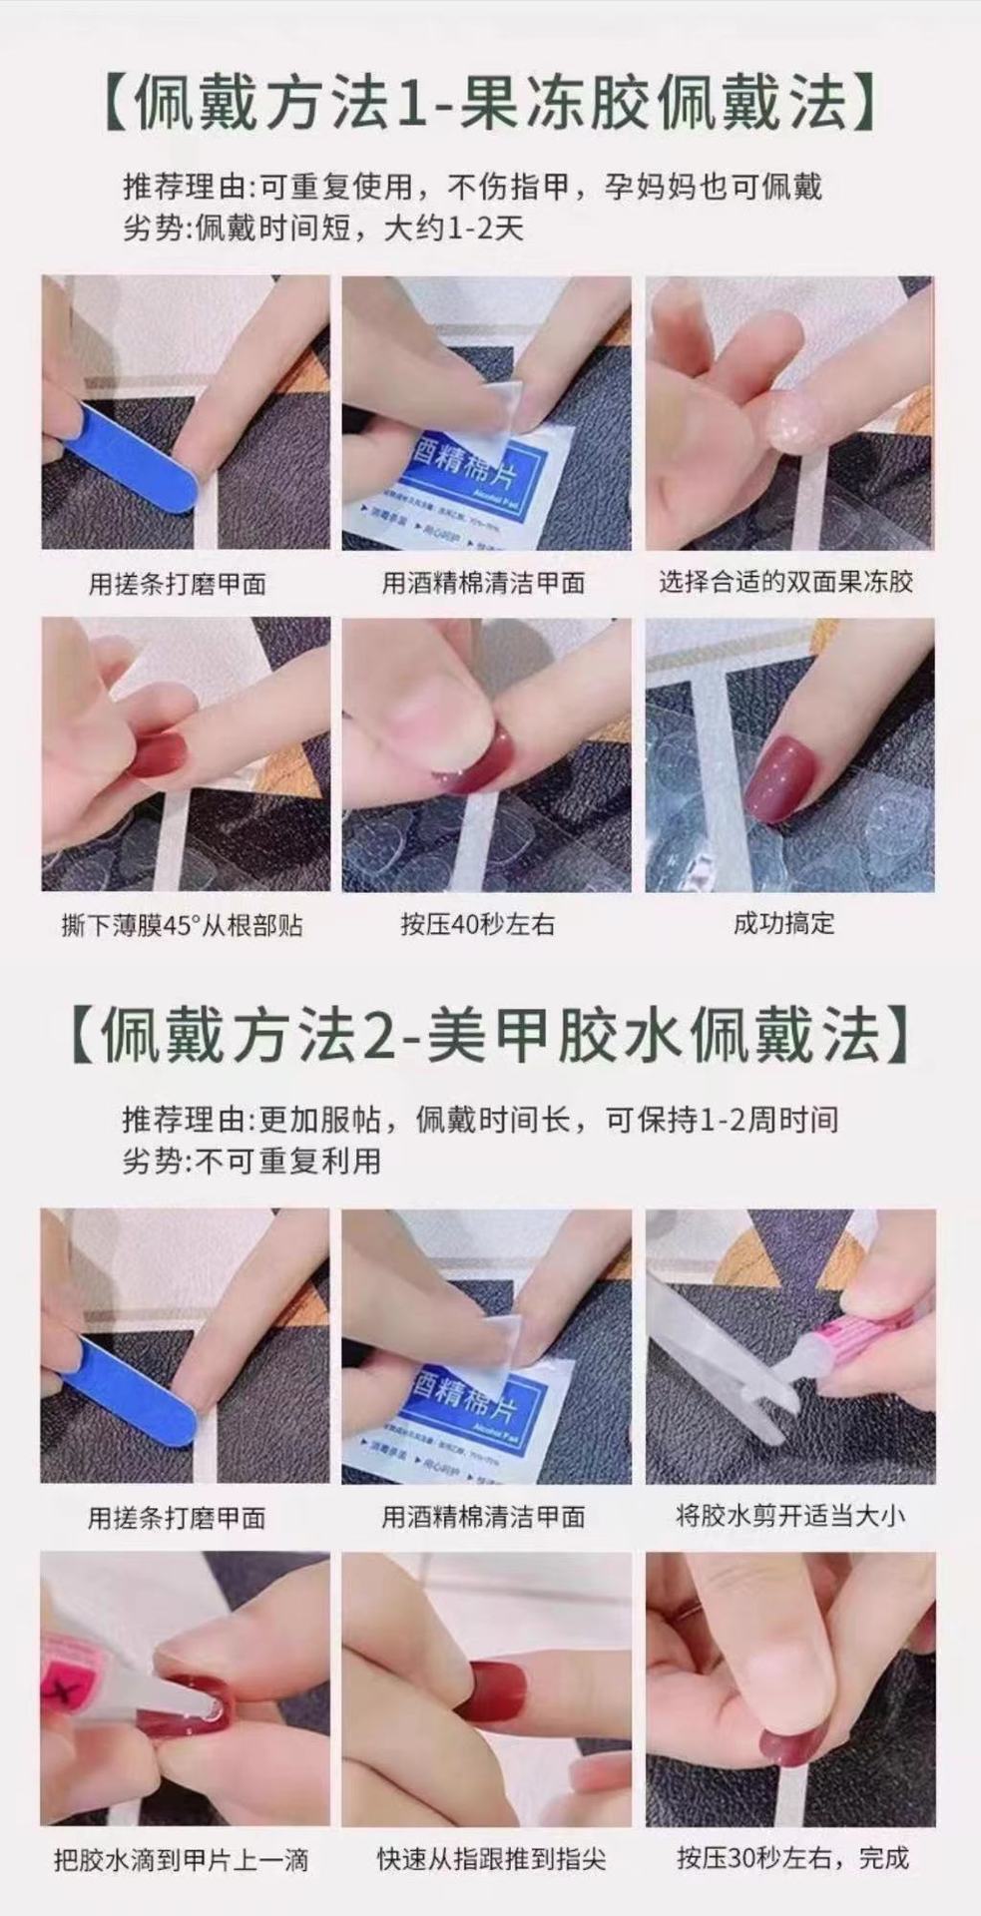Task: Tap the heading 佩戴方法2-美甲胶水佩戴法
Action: tap(490, 1035)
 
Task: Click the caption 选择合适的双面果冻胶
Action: tap(785, 582)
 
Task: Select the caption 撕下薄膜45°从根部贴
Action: tap(182, 926)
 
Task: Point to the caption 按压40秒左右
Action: tap(477, 925)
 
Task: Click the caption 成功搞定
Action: tap(783, 923)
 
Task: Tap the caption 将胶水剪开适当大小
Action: tap(789, 1516)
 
